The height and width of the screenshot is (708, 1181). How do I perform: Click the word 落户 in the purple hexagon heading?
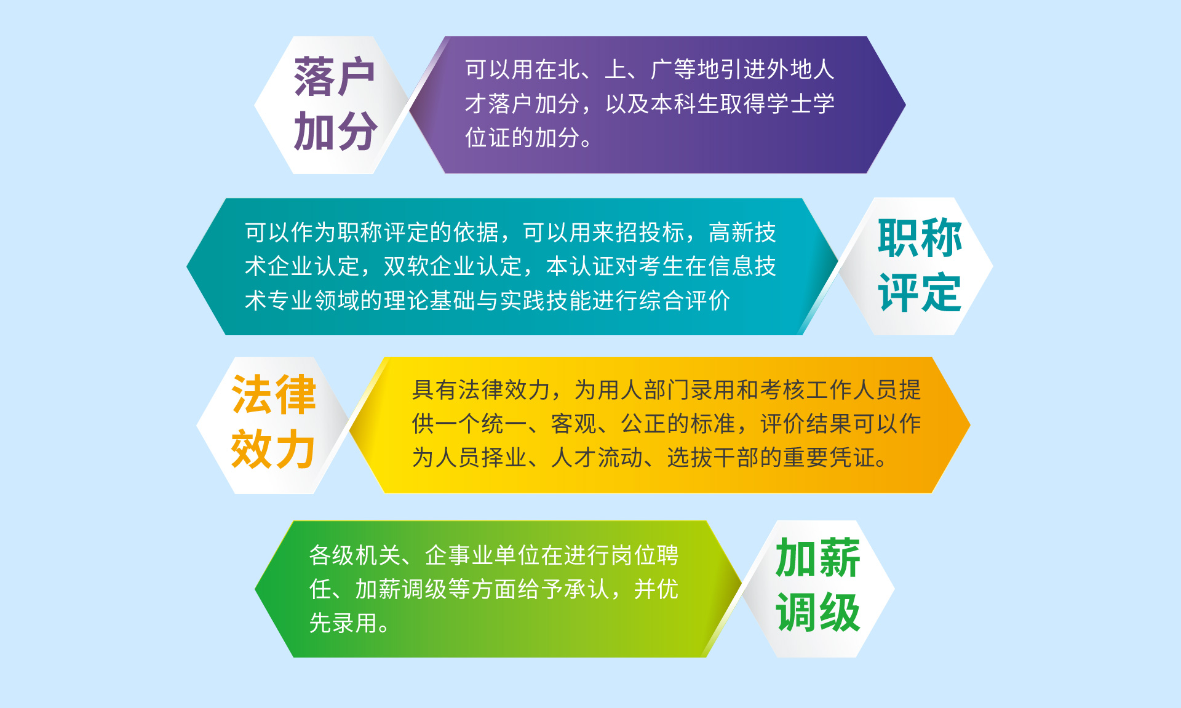point(334,77)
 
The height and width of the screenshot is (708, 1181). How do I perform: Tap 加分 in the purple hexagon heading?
point(335,131)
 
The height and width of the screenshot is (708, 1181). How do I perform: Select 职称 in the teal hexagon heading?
point(920,238)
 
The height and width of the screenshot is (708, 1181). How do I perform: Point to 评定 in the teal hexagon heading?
point(920,293)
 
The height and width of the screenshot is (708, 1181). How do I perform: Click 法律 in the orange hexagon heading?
point(274,395)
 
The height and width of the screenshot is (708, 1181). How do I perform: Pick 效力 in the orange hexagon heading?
point(273,449)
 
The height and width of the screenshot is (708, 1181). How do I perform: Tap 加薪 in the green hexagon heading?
point(817,558)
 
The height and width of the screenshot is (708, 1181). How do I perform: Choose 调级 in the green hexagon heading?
point(817,612)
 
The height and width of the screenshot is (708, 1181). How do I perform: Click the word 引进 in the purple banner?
point(744,70)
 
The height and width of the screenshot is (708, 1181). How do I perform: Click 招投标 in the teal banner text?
point(650,233)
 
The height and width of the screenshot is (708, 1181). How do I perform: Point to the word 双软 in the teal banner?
point(407,266)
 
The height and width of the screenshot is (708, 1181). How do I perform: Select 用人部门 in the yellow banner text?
point(643,390)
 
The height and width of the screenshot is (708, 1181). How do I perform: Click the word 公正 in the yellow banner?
point(643,424)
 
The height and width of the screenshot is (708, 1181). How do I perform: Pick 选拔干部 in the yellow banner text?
point(713,458)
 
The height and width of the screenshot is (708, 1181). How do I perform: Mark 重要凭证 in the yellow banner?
point(829,458)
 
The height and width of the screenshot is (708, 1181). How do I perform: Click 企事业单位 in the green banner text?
point(482,555)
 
